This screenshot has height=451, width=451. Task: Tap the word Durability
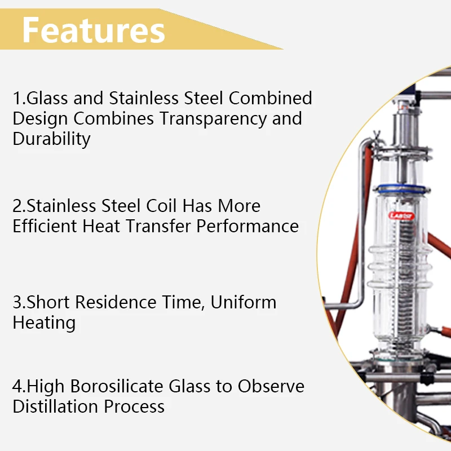coord(51,139)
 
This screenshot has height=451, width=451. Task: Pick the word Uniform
coord(244,302)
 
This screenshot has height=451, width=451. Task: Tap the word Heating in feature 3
coord(44,323)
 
